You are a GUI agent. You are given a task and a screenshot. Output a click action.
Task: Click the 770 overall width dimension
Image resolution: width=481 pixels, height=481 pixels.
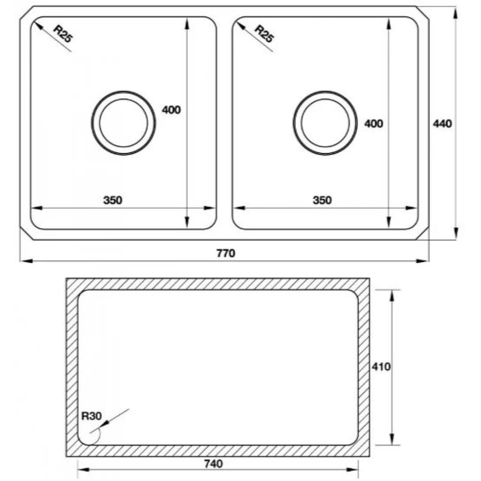point(225,253)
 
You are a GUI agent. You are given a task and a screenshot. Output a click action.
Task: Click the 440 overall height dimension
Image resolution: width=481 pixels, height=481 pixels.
point(442,124)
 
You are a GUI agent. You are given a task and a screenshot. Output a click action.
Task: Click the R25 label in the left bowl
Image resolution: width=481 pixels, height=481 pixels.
point(62,33)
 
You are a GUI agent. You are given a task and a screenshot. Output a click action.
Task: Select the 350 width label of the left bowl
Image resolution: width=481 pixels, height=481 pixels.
point(113,200)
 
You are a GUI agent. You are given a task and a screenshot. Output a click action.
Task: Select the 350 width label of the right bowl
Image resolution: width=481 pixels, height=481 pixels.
point(322,200)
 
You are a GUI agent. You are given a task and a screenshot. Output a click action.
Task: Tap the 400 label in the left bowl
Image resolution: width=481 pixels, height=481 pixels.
point(171,110)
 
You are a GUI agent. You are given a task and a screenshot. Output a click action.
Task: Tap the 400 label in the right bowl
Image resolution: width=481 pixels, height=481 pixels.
point(373,124)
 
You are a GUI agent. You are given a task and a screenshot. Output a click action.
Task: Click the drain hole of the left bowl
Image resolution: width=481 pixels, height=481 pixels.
point(124,123)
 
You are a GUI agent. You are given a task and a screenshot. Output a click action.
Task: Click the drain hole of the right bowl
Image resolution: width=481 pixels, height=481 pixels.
point(325,123)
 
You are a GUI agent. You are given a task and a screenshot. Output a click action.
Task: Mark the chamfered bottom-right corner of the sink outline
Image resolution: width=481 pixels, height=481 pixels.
point(423,234)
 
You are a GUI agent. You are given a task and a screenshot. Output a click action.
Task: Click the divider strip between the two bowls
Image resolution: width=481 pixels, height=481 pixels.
point(224,123)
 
